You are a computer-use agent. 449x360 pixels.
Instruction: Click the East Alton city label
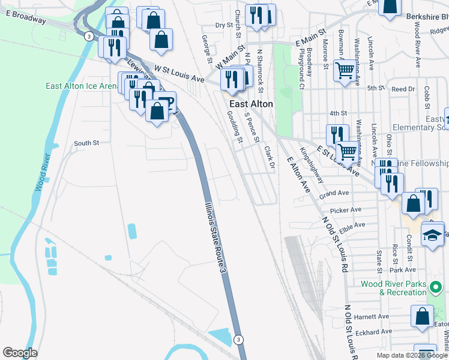click(x=250, y=104)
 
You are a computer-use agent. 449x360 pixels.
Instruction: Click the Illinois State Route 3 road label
click(x=214, y=238)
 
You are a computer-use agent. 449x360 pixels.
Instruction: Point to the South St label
click(x=86, y=143)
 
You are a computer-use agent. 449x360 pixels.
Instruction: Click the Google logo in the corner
click(x=20, y=353)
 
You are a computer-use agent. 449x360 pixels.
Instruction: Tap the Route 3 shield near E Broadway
click(x=88, y=36)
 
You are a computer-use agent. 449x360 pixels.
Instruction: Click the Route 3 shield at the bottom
click(x=239, y=340)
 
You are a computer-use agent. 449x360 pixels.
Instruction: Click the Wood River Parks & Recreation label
click(x=394, y=288)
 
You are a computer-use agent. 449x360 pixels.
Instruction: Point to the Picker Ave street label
click(x=346, y=210)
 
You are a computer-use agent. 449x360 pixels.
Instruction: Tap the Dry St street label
click(x=224, y=26)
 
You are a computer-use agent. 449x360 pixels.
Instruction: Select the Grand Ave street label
click(x=334, y=194)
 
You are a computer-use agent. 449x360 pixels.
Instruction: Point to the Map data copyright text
click(x=411, y=355)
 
